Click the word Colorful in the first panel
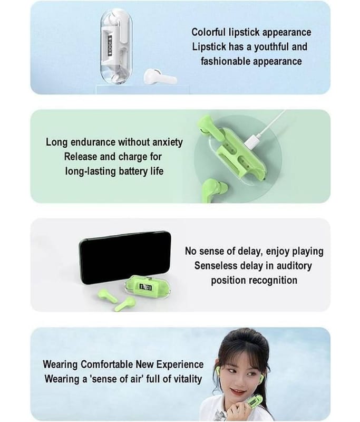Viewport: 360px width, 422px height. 209,32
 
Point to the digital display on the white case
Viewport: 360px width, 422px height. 110,43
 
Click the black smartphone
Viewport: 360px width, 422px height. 125,257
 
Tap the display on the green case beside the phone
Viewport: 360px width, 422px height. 145,287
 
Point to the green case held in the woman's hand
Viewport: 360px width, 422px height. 254,403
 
